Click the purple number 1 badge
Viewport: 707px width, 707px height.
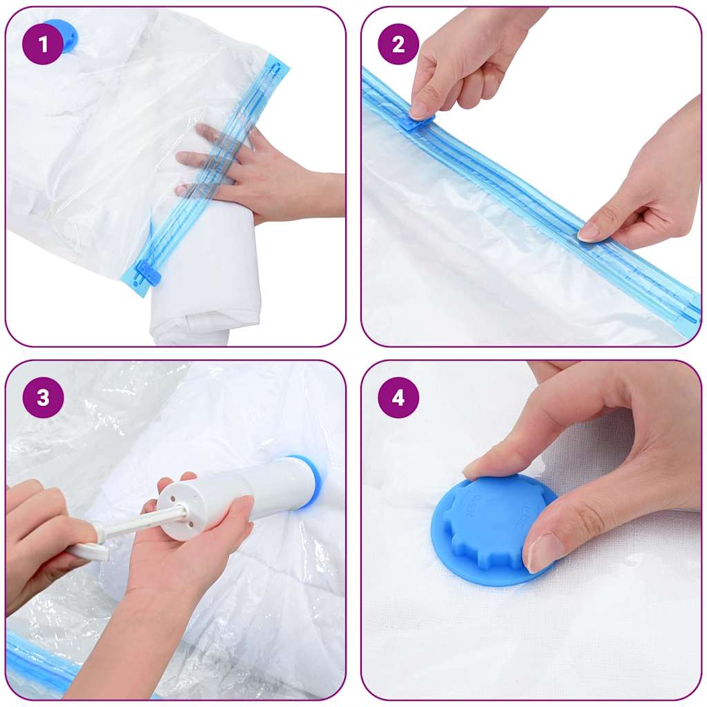pos(43,44)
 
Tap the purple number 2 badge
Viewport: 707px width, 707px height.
pos(398,44)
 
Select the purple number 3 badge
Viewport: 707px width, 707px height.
pos(43,398)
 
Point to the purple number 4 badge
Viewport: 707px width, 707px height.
pos(398,398)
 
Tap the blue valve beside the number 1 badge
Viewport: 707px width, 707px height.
pos(68,35)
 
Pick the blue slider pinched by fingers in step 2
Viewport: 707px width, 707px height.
pos(418,122)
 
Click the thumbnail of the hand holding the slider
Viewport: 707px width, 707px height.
pos(418,110)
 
